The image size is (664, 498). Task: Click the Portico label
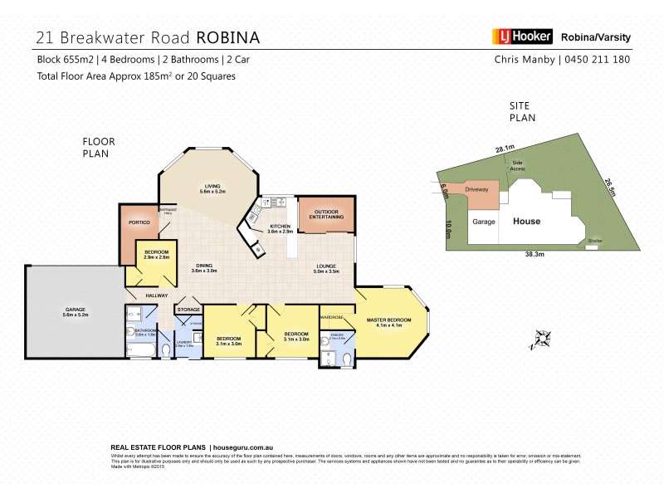click(138, 222)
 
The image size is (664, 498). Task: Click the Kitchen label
click(279, 227)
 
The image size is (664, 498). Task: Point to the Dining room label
click(203, 266)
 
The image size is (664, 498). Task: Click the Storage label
click(188, 310)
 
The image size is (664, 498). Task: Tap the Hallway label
click(157, 295)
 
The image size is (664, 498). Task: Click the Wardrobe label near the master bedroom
click(334, 316)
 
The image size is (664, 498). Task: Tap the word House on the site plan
click(526, 222)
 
